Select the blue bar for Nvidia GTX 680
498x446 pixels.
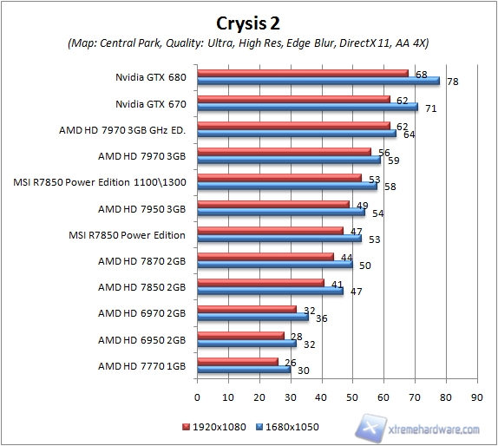pos(318,81)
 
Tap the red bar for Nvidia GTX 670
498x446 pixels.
pos(293,100)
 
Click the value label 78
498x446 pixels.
pos(452,82)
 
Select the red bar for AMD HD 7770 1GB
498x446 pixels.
pos(238,360)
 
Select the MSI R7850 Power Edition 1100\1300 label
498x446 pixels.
pos(101,182)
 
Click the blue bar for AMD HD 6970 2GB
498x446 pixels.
pos(253,317)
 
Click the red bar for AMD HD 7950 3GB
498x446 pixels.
pos(273,204)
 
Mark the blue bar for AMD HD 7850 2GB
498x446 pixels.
pos(271,291)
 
